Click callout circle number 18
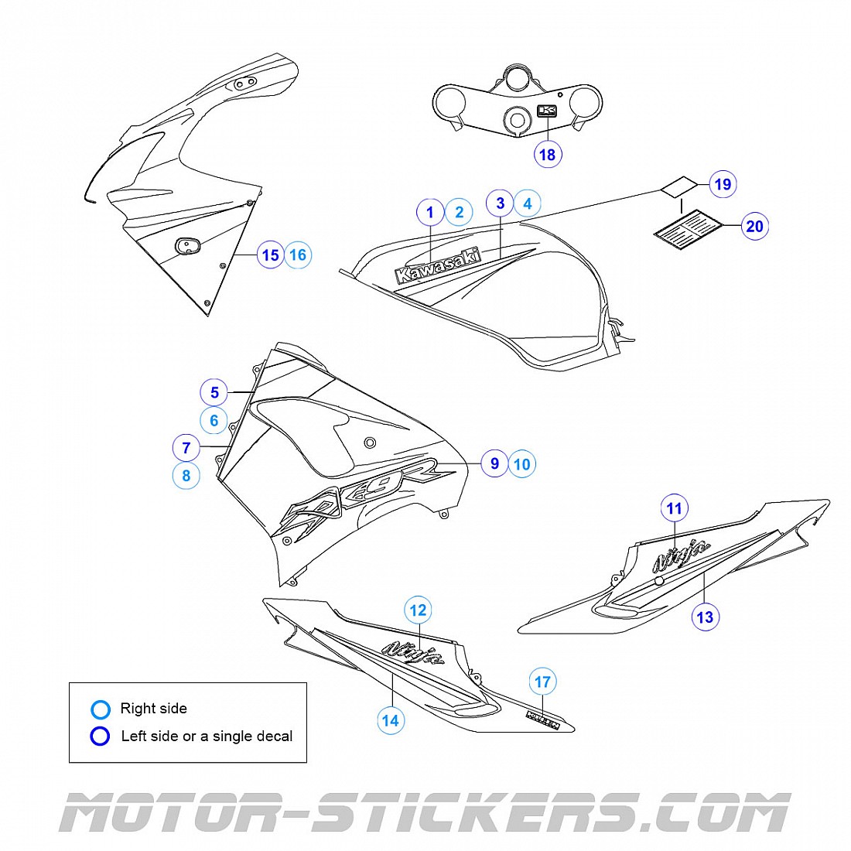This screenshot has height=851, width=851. (547, 155)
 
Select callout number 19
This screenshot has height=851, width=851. (722, 184)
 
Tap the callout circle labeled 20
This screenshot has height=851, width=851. (754, 226)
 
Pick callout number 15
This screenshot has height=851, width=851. (270, 255)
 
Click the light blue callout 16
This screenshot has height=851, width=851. (298, 255)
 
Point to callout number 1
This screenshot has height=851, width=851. (430, 212)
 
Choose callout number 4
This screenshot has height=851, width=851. (528, 203)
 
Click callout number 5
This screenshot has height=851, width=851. (215, 393)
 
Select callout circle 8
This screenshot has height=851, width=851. (186, 475)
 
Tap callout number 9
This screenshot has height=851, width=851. (494, 463)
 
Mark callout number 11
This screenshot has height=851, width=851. (675, 508)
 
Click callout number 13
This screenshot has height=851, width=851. (705, 617)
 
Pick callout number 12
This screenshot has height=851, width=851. (418, 610)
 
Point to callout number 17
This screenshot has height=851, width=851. (543, 682)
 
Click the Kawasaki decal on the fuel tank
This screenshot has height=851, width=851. (438, 266)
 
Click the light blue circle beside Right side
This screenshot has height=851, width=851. (101, 709)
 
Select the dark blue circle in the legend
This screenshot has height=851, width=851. (101, 737)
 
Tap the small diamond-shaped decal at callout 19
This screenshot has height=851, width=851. (678, 187)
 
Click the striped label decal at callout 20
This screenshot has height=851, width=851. (688, 227)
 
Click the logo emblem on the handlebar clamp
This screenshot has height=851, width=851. (548, 111)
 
